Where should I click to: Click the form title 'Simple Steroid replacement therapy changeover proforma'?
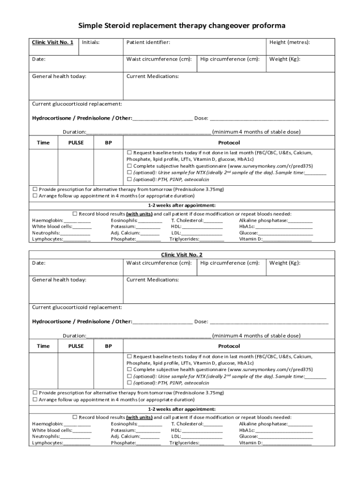click(x=182, y=25)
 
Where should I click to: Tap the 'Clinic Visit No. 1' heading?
click(x=52, y=43)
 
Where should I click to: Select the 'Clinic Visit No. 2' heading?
click(x=182, y=255)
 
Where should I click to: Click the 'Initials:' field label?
click(x=91, y=43)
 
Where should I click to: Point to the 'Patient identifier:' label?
click(x=148, y=43)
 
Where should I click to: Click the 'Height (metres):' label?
click(x=290, y=43)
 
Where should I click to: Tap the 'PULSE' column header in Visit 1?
click(x=76, y=143)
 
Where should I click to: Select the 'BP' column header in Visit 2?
click(x=108, y=346)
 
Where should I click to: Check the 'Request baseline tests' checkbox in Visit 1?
click(x=129, y=153)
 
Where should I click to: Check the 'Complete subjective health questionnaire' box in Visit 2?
click(x=129, y=370)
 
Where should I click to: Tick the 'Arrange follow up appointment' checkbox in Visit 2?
click(x=35, y=399)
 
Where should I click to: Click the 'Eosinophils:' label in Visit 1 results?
click(x=124, y=220)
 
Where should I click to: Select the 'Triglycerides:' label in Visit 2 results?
click(x=184, y=443)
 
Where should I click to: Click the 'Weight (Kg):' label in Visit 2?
click(x=285, y=263)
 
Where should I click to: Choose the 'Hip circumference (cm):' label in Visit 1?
click(x=230, y=60)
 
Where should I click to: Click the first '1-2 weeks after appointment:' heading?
click(x=182, y=205)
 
